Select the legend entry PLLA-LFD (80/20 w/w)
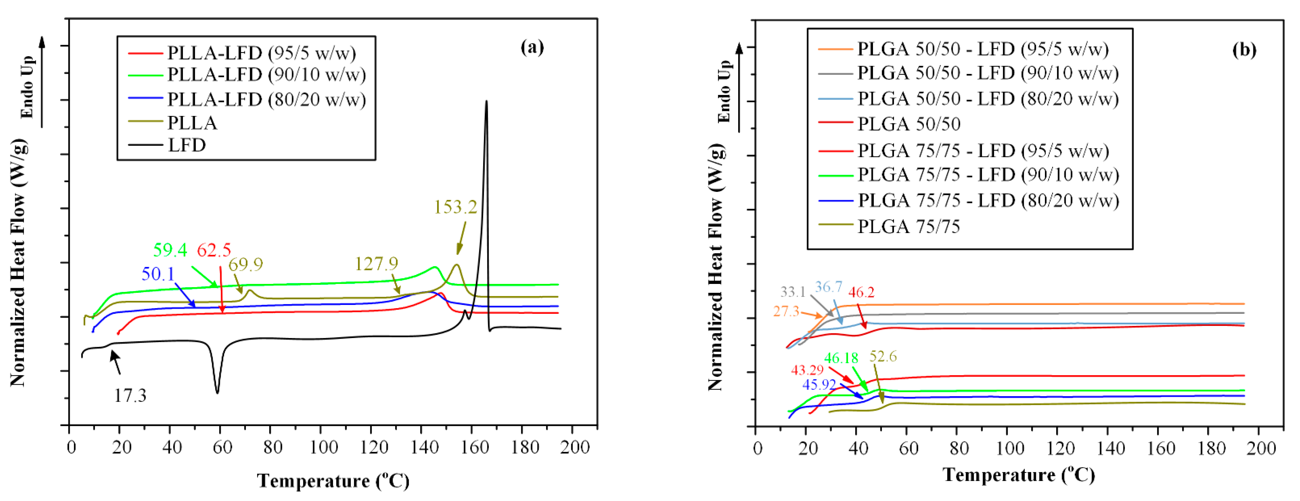coord(266,99)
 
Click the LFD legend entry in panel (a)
coord(187,146)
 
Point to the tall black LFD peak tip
coord(486,101)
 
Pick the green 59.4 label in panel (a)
coord(170,250)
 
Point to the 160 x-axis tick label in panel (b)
coord(1161,448)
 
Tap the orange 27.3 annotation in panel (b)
coord(786,311)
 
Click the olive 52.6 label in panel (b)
coord(883,357)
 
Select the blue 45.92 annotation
coord(819,385)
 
